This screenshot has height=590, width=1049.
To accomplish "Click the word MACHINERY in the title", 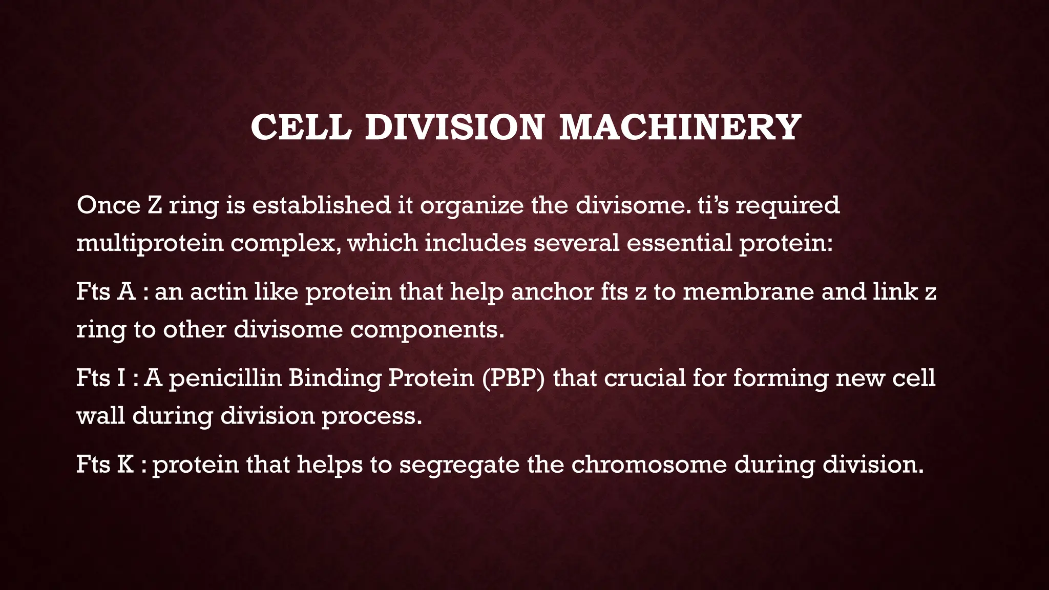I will pos(680,127).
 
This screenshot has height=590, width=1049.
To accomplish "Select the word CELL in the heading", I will pos(301,127).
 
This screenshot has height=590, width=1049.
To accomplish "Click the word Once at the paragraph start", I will pos(108,205).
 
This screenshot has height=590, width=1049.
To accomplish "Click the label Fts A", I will pos(106,292).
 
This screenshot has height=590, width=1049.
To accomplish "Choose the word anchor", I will pos(552,292).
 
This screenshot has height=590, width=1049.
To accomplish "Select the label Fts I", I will pos(101,378).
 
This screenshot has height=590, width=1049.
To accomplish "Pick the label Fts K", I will pos(105,465).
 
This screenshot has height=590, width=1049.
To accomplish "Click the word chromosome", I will pos(649,465).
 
